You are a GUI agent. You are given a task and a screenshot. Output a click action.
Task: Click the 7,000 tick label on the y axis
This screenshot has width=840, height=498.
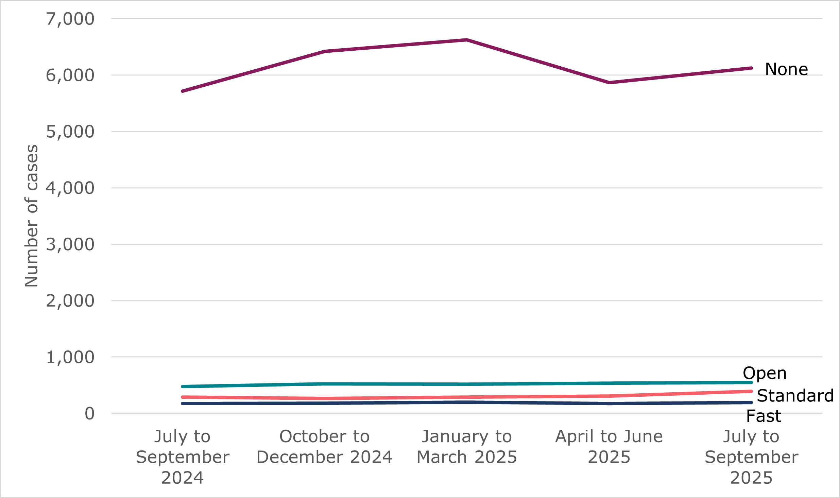click(70, 19)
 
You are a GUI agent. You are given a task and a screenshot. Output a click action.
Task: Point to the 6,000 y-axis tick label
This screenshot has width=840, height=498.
click(70, 75)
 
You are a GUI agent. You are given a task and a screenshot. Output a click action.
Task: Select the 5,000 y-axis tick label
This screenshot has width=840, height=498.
click(70, 132)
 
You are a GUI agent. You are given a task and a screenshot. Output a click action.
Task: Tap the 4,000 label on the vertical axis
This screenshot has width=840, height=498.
click(70, 188)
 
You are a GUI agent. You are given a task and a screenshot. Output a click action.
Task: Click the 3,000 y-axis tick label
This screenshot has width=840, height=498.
click(70, 245)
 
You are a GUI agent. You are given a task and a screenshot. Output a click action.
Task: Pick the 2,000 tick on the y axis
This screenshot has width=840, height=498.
click(70, 301)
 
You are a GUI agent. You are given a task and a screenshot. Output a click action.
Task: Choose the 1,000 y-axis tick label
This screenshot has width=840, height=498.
click(70, 358)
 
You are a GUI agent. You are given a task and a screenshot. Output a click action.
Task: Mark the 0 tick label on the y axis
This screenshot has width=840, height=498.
click(89, 414)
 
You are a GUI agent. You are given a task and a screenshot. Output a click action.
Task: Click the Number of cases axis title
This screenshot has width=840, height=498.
click(31, 216)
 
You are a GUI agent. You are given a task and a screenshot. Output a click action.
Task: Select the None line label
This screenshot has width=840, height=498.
click(786, 69)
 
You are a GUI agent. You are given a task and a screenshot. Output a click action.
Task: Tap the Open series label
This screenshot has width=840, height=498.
click(765, 373)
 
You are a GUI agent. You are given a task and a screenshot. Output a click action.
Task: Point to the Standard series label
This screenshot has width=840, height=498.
click(795, 396)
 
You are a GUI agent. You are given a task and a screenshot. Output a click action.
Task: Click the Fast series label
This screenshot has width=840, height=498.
click(764, 416)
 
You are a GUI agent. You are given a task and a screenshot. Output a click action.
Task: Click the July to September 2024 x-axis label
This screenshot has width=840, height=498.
click(183, 457)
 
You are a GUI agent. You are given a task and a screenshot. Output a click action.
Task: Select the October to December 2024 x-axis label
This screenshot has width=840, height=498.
click(325, 447)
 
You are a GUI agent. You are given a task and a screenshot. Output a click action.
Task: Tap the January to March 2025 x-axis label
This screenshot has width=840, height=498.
click(467, 447)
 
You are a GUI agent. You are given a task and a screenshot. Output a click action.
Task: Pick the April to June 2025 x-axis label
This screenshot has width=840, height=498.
click(609, 447)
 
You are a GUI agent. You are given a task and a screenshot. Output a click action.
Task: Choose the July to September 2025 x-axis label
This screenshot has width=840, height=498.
click(751, 457)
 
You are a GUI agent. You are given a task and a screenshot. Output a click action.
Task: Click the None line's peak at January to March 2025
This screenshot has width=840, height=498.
click(467, 40)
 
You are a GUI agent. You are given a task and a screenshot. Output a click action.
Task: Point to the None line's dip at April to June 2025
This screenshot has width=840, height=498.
click(609, 83)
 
